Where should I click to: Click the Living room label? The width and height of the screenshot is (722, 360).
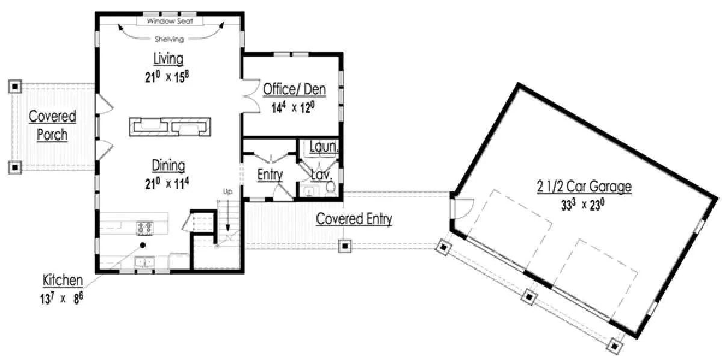tap(168, 59)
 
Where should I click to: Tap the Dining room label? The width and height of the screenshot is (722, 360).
tap(168, 166)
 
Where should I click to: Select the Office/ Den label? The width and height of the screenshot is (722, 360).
tap(294, 89)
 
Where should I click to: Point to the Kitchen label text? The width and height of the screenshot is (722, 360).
tap(63, 281)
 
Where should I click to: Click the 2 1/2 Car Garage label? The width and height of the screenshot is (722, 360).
tap(584, 187)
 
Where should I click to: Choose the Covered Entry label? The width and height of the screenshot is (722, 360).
tap(354, 219)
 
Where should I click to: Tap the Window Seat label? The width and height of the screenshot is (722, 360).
tap(170, 21)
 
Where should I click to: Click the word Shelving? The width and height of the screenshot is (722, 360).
tap(170, 39)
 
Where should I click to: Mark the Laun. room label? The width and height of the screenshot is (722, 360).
tap(324, 147)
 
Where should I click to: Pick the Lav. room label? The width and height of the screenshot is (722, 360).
tap(321, 175)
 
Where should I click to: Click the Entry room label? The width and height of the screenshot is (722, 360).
tap(270, 175)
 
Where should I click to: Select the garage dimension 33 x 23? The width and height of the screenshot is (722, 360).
tap(583, 205)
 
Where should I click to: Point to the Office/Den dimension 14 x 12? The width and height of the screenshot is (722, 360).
tap(293, 108)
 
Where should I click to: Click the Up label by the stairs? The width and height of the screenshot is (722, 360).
tap(227, 191)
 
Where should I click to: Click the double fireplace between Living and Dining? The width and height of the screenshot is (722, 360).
tap(170, 127)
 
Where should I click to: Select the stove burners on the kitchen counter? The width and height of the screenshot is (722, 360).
tap(145, 228)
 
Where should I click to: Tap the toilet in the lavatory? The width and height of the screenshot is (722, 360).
tap(330, 189)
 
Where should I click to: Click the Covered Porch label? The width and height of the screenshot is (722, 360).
tap(52, 125)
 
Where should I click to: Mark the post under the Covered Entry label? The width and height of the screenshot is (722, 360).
tap(345, 246)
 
